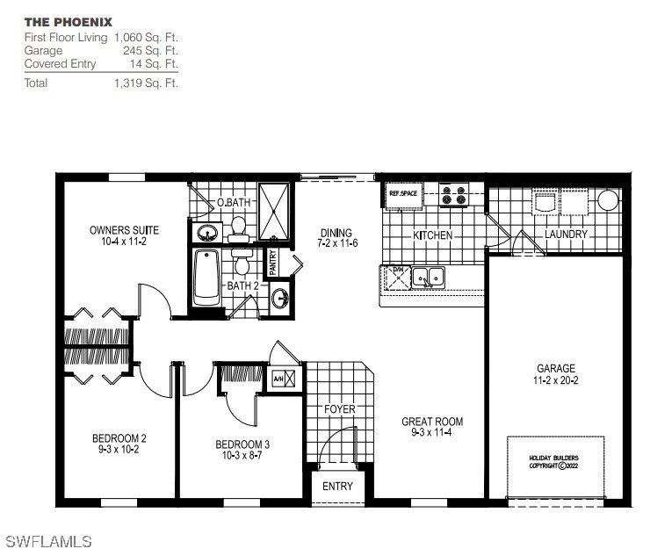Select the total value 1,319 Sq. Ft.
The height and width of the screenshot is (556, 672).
(146, 83)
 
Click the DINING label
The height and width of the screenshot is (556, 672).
(336, 233)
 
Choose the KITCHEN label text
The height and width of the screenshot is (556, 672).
(433, 235)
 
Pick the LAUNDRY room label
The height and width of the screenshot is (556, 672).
(566, 235)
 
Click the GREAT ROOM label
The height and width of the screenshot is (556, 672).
(432, 422)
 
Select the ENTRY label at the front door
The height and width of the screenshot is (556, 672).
(337, 486)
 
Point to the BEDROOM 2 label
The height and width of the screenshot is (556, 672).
(119, 438)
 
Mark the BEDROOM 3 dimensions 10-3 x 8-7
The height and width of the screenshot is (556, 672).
(242, 457)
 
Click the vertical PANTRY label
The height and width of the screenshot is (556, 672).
(273, 263)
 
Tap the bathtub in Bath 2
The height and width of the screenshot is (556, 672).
(206, 277)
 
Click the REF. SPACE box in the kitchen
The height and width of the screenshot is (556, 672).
(403, 193)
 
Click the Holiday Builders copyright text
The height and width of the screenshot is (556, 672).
(554, 462)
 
